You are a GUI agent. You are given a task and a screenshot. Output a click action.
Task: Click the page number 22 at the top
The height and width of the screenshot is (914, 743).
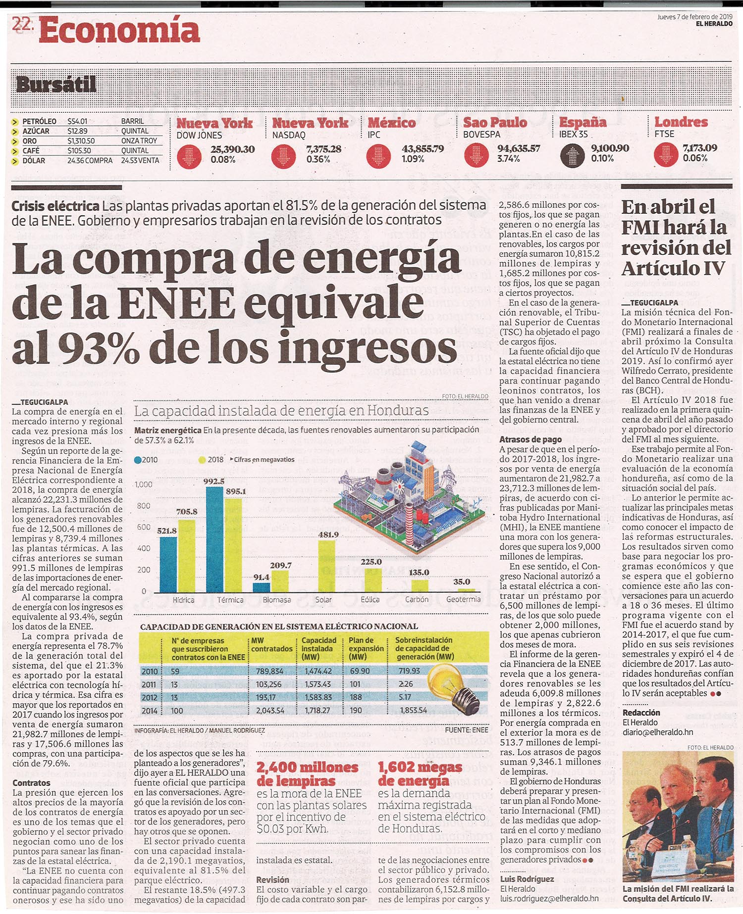[x=22, y=24]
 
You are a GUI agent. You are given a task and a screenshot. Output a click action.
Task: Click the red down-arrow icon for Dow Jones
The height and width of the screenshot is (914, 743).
[x=189, y=156]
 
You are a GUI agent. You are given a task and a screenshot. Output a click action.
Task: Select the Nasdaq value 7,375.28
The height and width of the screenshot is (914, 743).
[x=323, y=149]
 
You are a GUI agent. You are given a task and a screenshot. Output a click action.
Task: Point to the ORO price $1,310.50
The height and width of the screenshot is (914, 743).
[x=81, y=141]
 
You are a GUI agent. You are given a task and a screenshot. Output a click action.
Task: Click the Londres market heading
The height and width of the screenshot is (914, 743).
[x=681, y=122]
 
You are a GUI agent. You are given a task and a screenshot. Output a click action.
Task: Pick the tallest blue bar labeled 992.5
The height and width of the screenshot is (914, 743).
[x=214, y=539]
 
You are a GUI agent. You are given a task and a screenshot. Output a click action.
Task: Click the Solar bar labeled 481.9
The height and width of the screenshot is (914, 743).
[x=326, y=566]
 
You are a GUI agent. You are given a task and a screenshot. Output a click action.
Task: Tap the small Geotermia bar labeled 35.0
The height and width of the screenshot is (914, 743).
[x=466, y=590]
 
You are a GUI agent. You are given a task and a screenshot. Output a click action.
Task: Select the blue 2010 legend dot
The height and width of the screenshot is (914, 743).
[x=138, y=460]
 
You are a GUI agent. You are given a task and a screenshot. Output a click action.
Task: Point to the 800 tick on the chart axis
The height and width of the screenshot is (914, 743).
[x=143, y=506]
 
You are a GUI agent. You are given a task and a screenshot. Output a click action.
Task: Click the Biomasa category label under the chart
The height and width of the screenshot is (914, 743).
[x=277, y=600]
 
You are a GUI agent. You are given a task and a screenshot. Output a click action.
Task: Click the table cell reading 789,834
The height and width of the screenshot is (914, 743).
[x=269, y=672]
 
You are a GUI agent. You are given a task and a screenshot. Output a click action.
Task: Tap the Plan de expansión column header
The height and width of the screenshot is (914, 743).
[x=366, y=648]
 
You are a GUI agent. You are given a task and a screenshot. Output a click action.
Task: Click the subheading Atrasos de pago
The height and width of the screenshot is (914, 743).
[x=531, y=439]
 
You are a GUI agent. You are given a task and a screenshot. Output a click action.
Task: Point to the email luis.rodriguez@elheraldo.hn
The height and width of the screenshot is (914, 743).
[x=549, y=898]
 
